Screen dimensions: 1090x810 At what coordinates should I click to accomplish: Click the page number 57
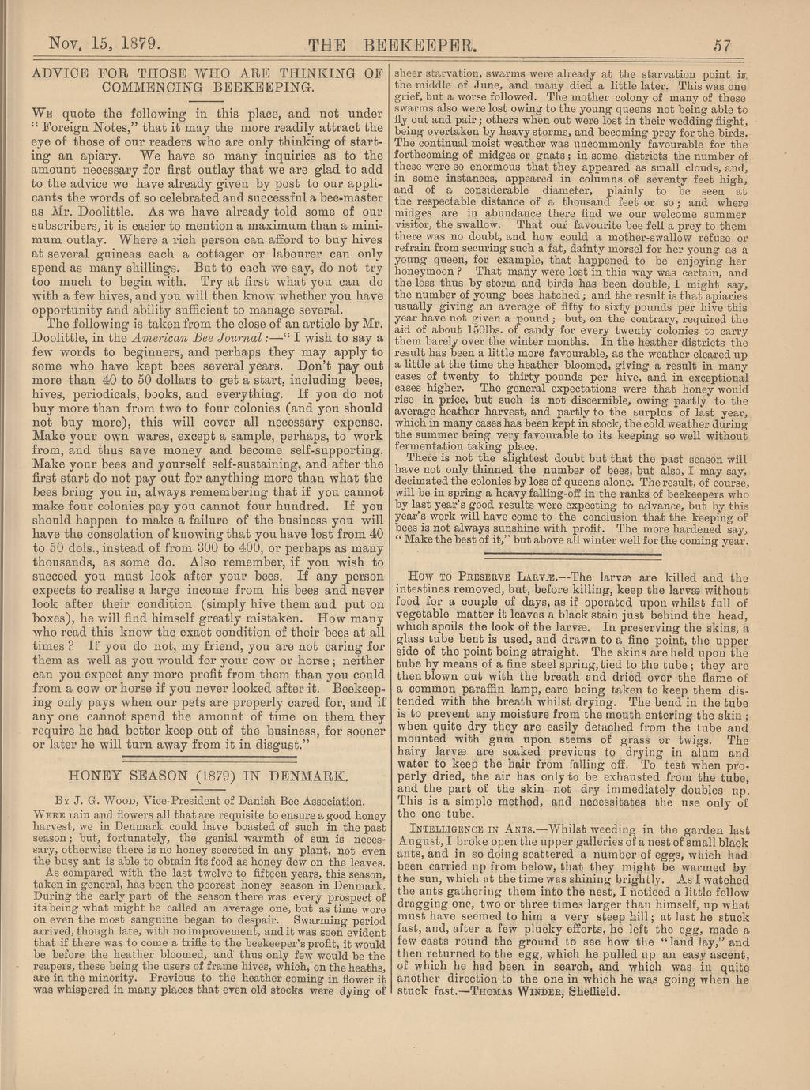(x=721, y=44)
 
